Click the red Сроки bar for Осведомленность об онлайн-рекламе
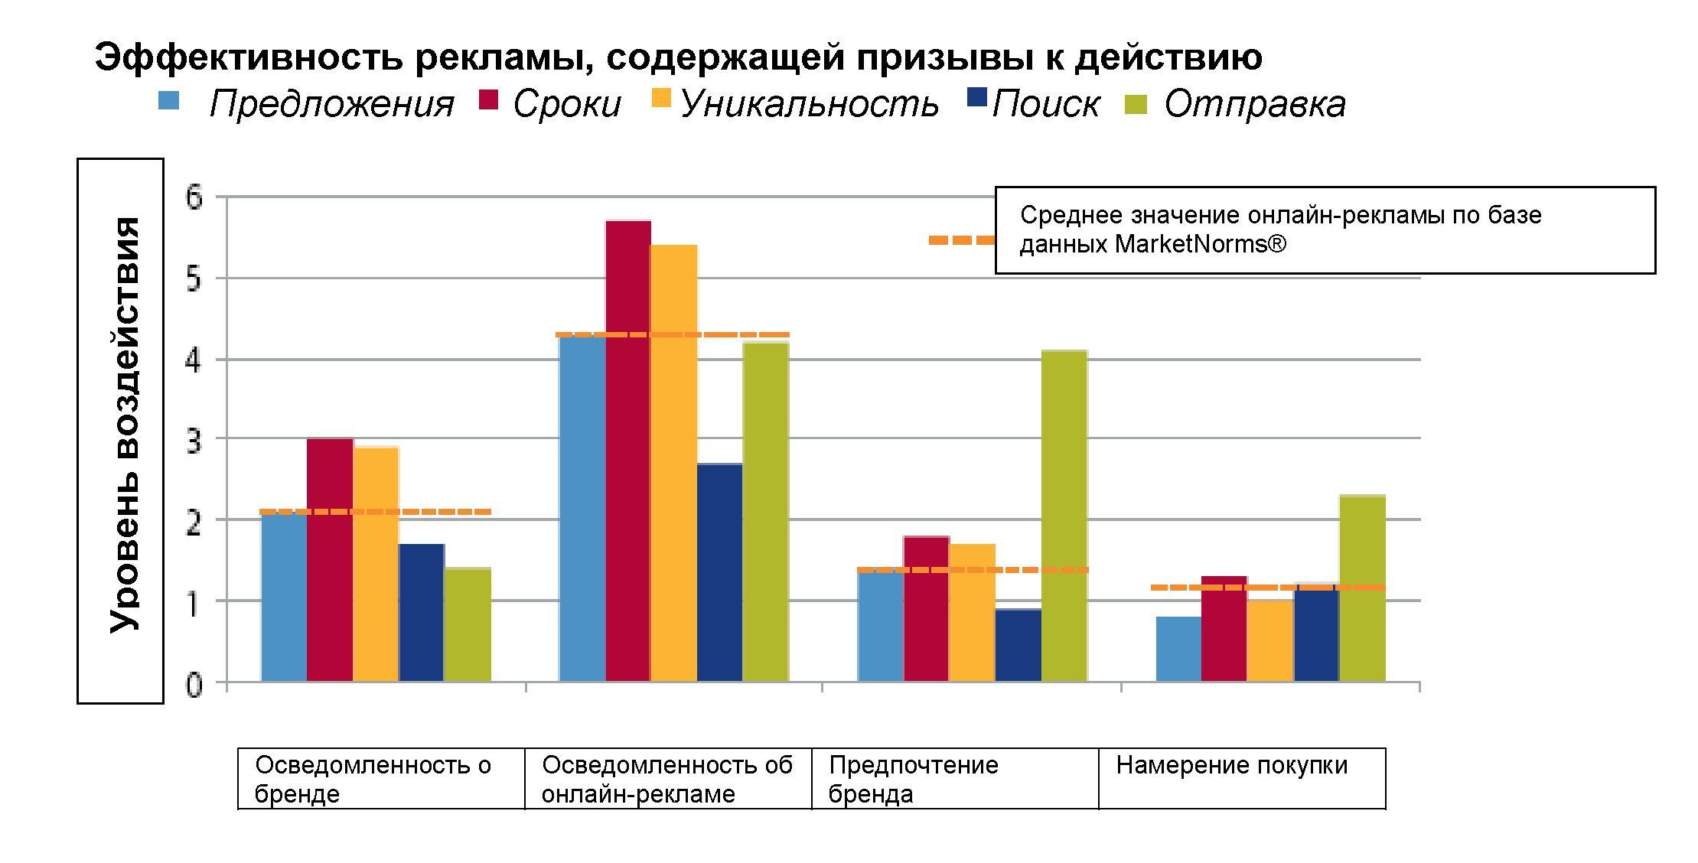coord(628,451)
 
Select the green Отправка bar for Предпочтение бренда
coord(1064,516)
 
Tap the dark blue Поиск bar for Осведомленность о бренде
coord(422,612)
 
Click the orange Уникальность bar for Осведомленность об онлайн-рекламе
coord(673,463)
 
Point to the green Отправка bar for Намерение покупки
coord(1362,588)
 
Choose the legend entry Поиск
coord(1045,104)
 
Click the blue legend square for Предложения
coord(168,101)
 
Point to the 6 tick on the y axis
coord(194,198)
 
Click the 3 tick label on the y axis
coord(194,441)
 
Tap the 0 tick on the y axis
coord(194,685)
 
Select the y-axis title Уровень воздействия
coord(124,425)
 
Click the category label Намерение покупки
coord(1231,765)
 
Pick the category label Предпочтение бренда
coord(913,779)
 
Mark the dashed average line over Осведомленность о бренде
coord(376,512)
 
